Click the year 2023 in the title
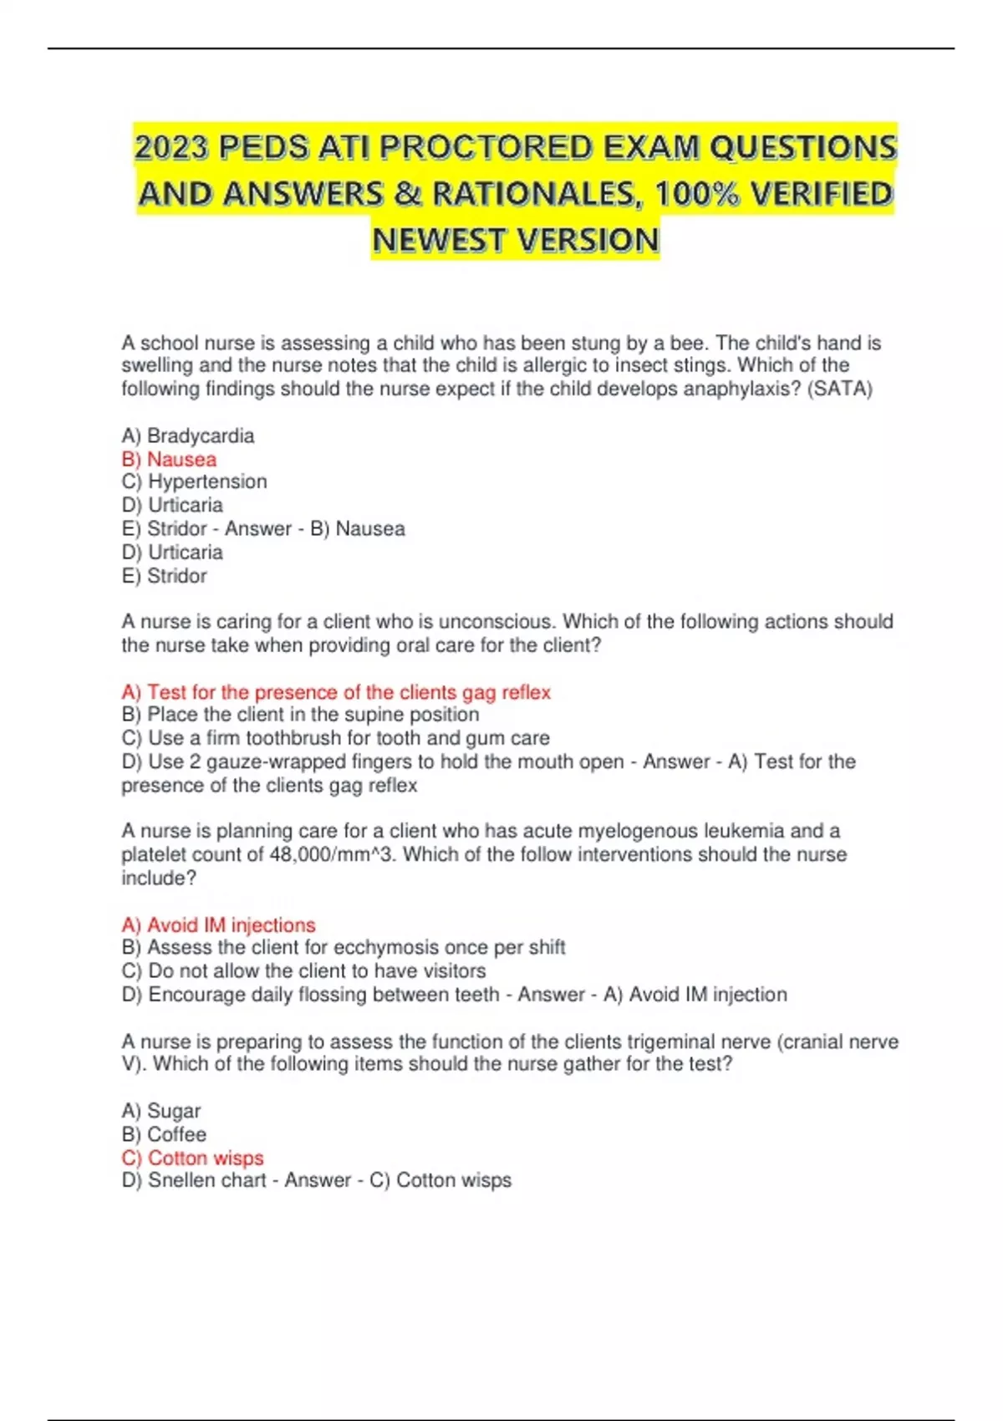(x=171, y=148)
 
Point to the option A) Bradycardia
(x=188, y=435)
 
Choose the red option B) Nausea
(x=169, y=459)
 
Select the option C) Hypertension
(x=195, y=481)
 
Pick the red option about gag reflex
(x=336, y=692)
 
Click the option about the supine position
(x=300, y=715)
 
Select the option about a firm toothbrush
(x=335, y=738)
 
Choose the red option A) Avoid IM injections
(x=218, y=924)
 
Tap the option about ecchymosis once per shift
(x=343, y=947)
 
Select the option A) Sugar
(x=161, y=1111)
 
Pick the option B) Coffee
(x=164, y=1134)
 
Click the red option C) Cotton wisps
(x=192, y=1158)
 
